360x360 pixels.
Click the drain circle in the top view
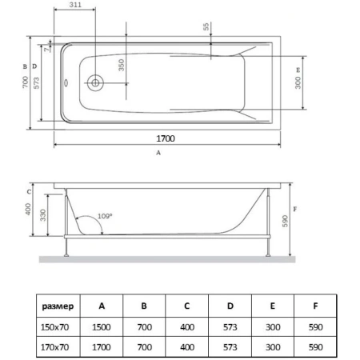pos(95,83)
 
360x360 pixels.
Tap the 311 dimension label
pos(75,5)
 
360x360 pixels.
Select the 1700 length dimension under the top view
pos(166,138)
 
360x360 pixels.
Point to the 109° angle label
pos(105,216)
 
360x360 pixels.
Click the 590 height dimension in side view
pos(285,221)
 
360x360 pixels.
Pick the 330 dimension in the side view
pos(42,215)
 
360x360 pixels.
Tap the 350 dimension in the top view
pos(121,66)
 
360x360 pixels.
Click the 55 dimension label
pos(206,26)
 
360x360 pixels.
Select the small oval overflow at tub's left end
pos(66,83)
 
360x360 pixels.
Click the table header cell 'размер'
pos(58,306)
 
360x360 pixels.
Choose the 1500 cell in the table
pos(102,327)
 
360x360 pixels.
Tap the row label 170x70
pos(54,347)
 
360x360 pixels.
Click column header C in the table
pos(187,306)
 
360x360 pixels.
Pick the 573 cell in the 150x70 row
pos(230,327)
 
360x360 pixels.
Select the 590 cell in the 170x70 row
pos(316,347)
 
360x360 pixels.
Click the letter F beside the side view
pos(295,210)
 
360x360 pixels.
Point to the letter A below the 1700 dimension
pos(158,153)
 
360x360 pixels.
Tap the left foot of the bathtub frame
pos(66,255)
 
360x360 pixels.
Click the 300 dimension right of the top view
pos(298,82)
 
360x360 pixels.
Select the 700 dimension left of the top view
pos(25,82)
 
